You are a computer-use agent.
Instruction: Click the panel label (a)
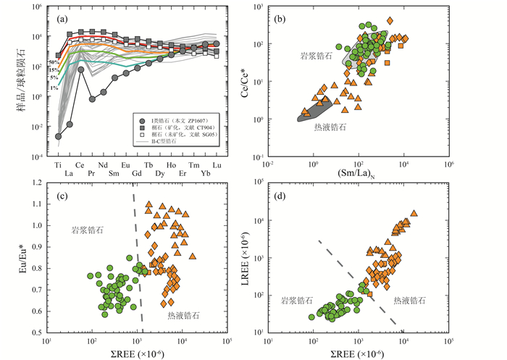point(62,18)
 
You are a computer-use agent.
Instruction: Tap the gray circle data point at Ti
point(59,135)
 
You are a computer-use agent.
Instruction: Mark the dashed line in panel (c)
point(137,261)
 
